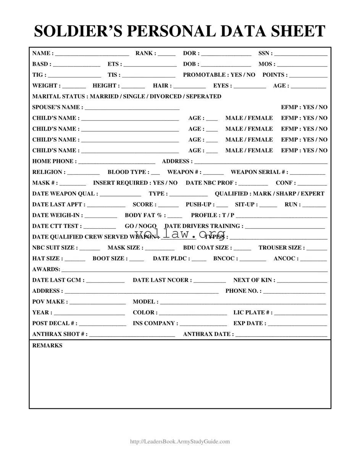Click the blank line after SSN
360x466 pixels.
click(x=300, y=54)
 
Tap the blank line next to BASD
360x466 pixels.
click(x=76, y=65)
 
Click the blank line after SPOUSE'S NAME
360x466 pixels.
click(x=132, y=108)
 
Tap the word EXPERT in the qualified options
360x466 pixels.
click(x=312, y=193)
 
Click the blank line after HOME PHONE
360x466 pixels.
click(x=116, y=162)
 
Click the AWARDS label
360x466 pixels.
click(x=45, y=269)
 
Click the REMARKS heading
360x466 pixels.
click(x=47, y=345)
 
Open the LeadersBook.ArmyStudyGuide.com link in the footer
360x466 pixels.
click(x=180, y=442)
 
